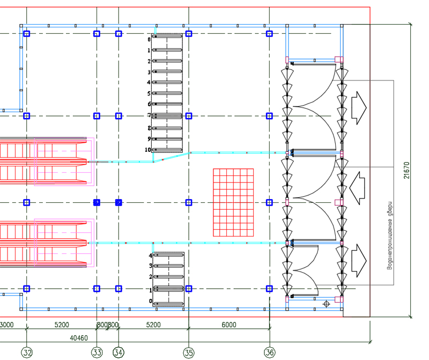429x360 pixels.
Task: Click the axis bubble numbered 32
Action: click(x=26, y=352)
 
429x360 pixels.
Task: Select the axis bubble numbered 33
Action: click(x=97, y=352)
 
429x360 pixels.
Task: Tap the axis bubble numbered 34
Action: click(x=119, y=352)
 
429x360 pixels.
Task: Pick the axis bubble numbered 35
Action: click(x=189, y=352)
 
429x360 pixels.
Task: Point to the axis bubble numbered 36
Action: click(x=270, y=352)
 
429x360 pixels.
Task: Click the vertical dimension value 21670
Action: click(x=407, y=170)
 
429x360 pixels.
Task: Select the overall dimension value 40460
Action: click(x=79, y=338)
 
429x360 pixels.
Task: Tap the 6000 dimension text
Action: click(x=228, y=325)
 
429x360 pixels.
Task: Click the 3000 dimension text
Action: click(x=6, y=325)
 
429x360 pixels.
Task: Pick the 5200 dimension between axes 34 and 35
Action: click(x=153, y=325)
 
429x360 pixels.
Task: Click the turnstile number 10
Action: click(x=148, y=150)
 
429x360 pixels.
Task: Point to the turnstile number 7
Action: click(x=150, y=115)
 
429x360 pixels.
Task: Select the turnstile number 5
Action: click(x=150, y=93)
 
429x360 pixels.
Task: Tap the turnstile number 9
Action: click(x=150, y=139)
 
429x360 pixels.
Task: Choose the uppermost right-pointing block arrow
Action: click(x=358, y=107)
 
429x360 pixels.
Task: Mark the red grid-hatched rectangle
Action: click(x=234, y=202)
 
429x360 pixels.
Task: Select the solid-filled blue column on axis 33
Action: click(x=97, y=202)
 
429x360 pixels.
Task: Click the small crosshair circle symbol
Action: click(x=326, y=304)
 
